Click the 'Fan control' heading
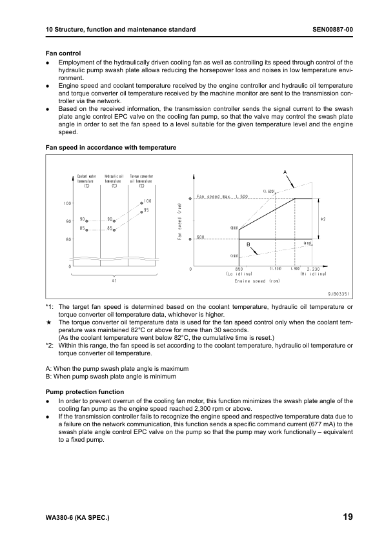pyautogui.click(x=63, y=53)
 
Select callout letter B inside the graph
pyautogui.click(x=248, y=244)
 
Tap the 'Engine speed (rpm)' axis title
pyautogui.click(x=257, y=281)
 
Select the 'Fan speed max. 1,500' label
pyautogui.click(x=223, y=196)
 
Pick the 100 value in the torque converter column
pyautogui.click(x=147, y=201)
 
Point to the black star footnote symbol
pyautogui.click(x=48, y=321)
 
